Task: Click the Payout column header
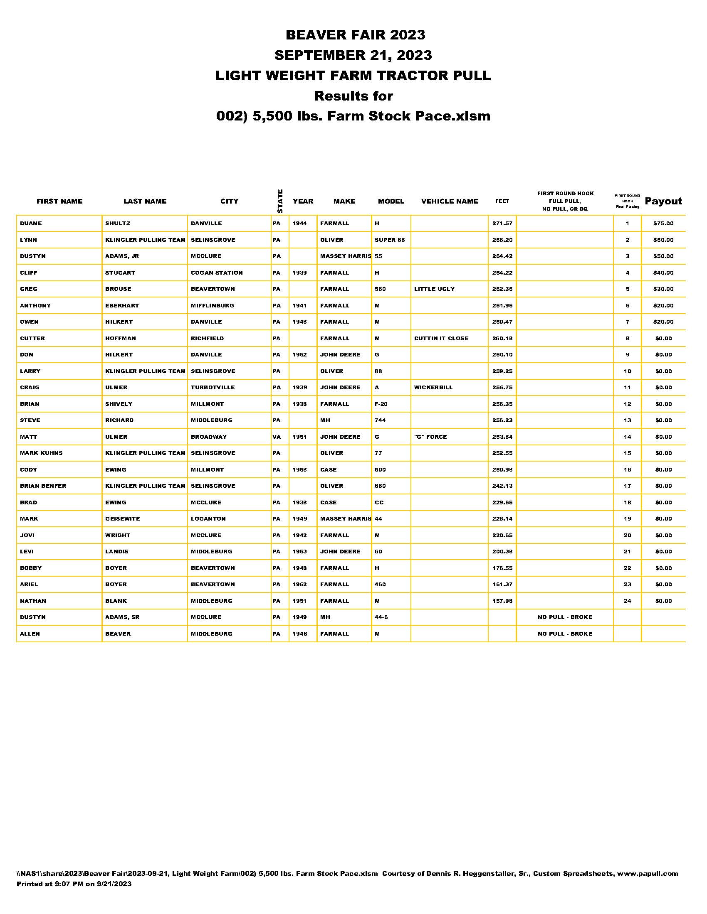pos(663,201)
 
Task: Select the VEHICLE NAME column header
pos(450,201)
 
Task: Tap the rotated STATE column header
pos(280,201)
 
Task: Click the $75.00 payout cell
pos(663,224)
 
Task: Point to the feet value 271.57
pos(502,224)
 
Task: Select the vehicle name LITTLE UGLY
pos(434,289)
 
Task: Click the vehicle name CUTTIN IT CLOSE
pos(441,338)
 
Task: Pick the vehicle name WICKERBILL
pos(433,388)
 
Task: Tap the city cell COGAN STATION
pos(217,273)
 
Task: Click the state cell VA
pos(277,437)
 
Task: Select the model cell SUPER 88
pos(390,240)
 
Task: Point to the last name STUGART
pos(120,273)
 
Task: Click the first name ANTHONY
pos(35,305)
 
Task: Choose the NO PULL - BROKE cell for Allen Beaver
pos(565,634)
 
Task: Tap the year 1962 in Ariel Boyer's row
pos(299,584)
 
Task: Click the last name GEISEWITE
pos(122,519)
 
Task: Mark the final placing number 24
pos(627,601)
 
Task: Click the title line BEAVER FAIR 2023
pos(355,35)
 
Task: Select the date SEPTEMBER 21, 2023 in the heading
pos(353,55)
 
